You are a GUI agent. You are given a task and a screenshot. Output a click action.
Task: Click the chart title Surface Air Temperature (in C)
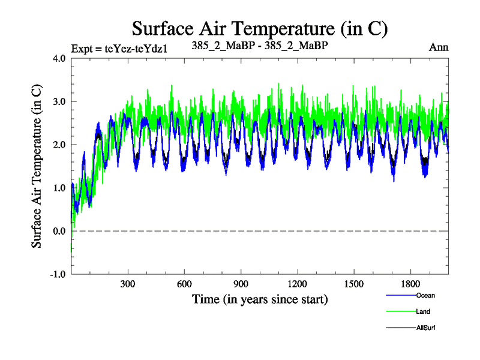(260, 28)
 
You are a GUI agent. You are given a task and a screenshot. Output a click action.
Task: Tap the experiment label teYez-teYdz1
(118, 49)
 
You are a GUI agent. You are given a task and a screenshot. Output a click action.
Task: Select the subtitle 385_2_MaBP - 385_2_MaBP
(259, 46)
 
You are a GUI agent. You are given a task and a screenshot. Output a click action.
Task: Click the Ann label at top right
(438, 47)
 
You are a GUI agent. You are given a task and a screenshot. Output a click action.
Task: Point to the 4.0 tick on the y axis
(59, 59)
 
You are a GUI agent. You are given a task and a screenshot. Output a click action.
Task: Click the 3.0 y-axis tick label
(59, 102)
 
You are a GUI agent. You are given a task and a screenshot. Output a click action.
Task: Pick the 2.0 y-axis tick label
(59, 145)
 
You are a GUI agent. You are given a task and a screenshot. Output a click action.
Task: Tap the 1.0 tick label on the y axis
(59, 188)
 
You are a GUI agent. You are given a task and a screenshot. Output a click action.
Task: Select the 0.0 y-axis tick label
(59, 232)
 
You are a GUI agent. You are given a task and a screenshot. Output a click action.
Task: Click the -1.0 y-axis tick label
(58, 275)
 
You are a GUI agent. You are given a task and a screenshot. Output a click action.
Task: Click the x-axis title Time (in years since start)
(260, 299)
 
